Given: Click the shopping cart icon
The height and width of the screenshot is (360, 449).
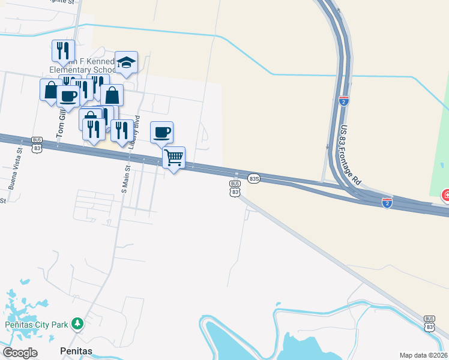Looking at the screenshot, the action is point(173,158).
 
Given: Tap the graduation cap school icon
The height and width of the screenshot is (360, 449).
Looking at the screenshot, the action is point(127,62).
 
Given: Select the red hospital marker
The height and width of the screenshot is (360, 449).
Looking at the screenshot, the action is point(445,195).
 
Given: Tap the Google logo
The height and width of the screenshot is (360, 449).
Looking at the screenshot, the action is point(20,353).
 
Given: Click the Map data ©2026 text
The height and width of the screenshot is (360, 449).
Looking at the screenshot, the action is point(424,355).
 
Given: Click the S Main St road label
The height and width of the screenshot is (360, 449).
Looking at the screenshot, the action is point(125,174).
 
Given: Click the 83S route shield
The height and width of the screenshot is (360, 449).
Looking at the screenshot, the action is point(254,178).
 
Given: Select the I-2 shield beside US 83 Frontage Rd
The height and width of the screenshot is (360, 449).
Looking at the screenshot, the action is point(344,101).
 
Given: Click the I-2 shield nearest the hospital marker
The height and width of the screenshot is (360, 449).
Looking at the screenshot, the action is point(387,203).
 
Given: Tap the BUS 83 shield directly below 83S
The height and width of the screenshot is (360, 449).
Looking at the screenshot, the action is point(235,188).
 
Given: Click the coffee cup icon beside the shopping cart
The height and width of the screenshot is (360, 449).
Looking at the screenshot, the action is point(161,132).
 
